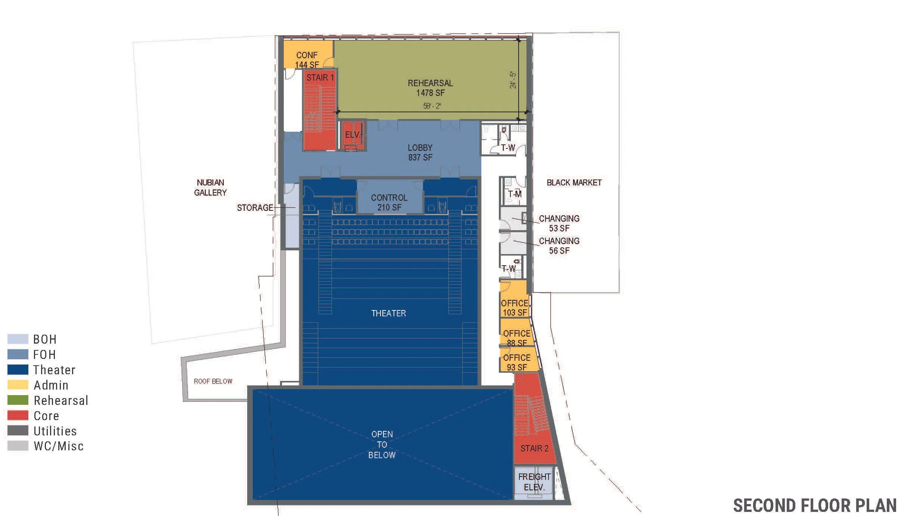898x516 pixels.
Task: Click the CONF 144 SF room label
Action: click(x=307, y=60)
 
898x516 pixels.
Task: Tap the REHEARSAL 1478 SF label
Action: click(x=430, y=88)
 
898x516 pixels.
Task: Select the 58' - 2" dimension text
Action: click(x=432, y=106)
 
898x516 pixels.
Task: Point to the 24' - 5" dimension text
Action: click(x=513, y=80)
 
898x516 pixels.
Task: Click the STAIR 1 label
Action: click(x=320, y=78)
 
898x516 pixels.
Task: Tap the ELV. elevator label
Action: click(x=352, y=135)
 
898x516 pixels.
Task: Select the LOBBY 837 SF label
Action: click(x=420, y=153)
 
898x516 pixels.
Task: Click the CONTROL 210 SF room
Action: click(x=389, y=202)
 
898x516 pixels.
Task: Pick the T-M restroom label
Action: click(x=515, y=194)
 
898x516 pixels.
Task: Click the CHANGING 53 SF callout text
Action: click(x=559, y=223)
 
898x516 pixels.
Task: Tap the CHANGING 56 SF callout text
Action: click(x=559, y=246)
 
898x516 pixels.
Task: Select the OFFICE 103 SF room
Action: click(x=515, y=307)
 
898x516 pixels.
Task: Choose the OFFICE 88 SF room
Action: click(x=516, y=338)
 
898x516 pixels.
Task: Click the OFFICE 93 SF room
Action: click(x=516, y=362)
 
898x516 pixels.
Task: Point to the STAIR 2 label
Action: click(x=534, y=448)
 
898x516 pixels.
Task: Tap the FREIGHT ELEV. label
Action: click(x=534, y=482)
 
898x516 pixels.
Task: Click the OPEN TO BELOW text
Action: click(x=382, y=444)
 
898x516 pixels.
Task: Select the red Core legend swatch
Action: click(x=18, y=415)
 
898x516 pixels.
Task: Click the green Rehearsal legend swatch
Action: click(x=18, y=400)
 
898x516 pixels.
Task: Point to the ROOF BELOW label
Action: click(x=213, y=381)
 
